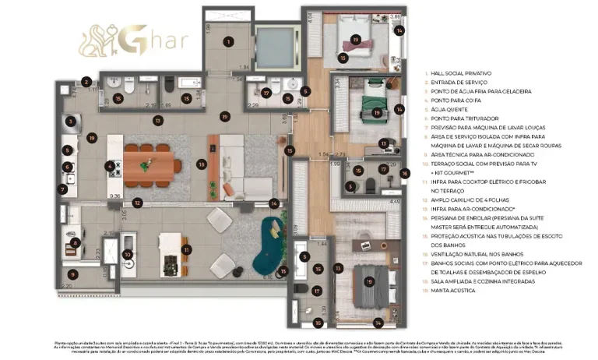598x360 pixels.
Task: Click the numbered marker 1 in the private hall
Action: pyautogui.click(x=229, y=41)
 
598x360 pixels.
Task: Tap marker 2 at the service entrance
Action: pyautogui.click(x=86, y=81)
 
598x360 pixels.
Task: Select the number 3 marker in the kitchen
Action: pyautogui.click(x=71, y=122)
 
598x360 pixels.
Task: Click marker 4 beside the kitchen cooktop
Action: pyautogui.click(x=110, y=165)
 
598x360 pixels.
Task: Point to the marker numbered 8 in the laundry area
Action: pyautogui.click(x=75, y=243)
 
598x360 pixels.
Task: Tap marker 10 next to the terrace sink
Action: pyautogui.click(x=128, y=254)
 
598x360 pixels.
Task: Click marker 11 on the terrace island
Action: pyautogui.click(x=186, y=249)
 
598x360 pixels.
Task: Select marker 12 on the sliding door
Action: pyautogui.click(x=137, y=203)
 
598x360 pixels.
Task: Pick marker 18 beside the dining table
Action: pyautogui.click(x=202, y=164)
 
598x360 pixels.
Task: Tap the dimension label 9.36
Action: pyautogui.click(x=115, y=196)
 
